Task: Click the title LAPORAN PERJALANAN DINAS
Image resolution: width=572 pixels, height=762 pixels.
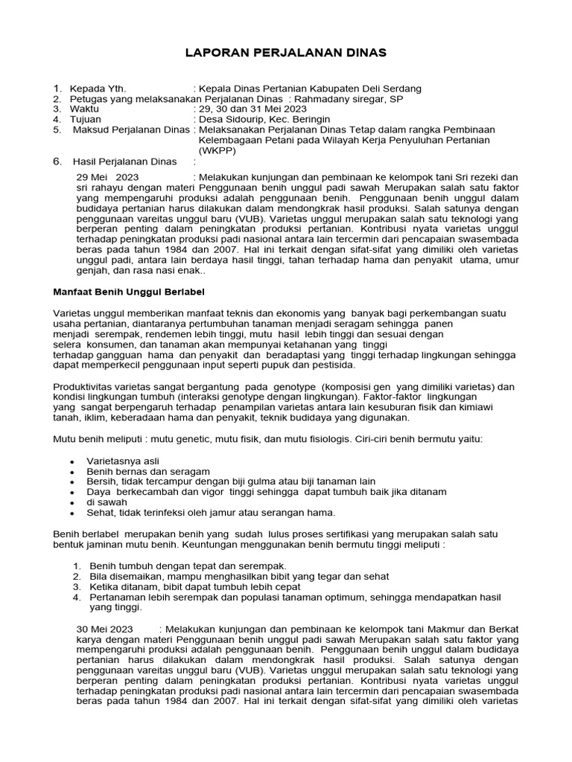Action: (286, 53)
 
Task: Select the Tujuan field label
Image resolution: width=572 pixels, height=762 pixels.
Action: (85, 120)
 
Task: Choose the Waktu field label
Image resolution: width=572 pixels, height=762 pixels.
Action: (84, 109)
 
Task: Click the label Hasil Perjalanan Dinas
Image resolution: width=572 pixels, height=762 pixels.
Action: (124, 161)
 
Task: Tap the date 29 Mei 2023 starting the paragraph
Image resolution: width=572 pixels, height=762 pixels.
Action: (108, 177)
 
